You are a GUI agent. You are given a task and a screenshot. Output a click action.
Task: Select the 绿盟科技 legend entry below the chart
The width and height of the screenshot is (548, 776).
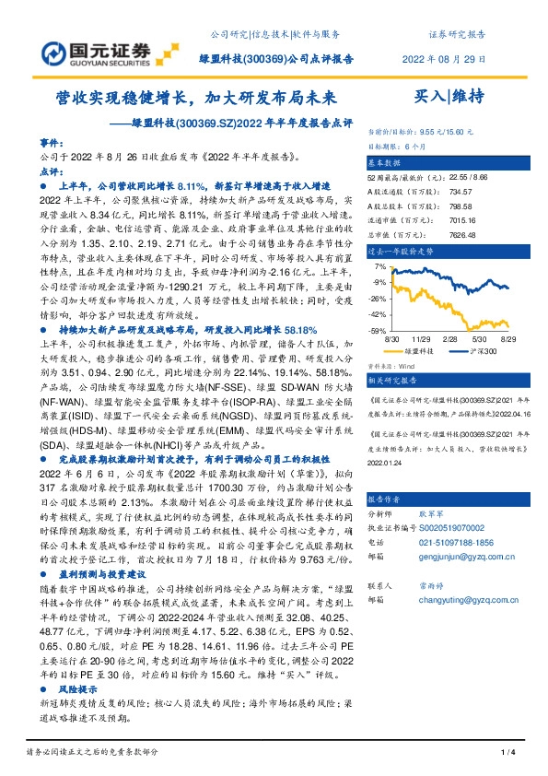[417, 351]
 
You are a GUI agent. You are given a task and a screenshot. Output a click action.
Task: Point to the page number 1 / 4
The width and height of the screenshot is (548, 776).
[506, 753]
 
